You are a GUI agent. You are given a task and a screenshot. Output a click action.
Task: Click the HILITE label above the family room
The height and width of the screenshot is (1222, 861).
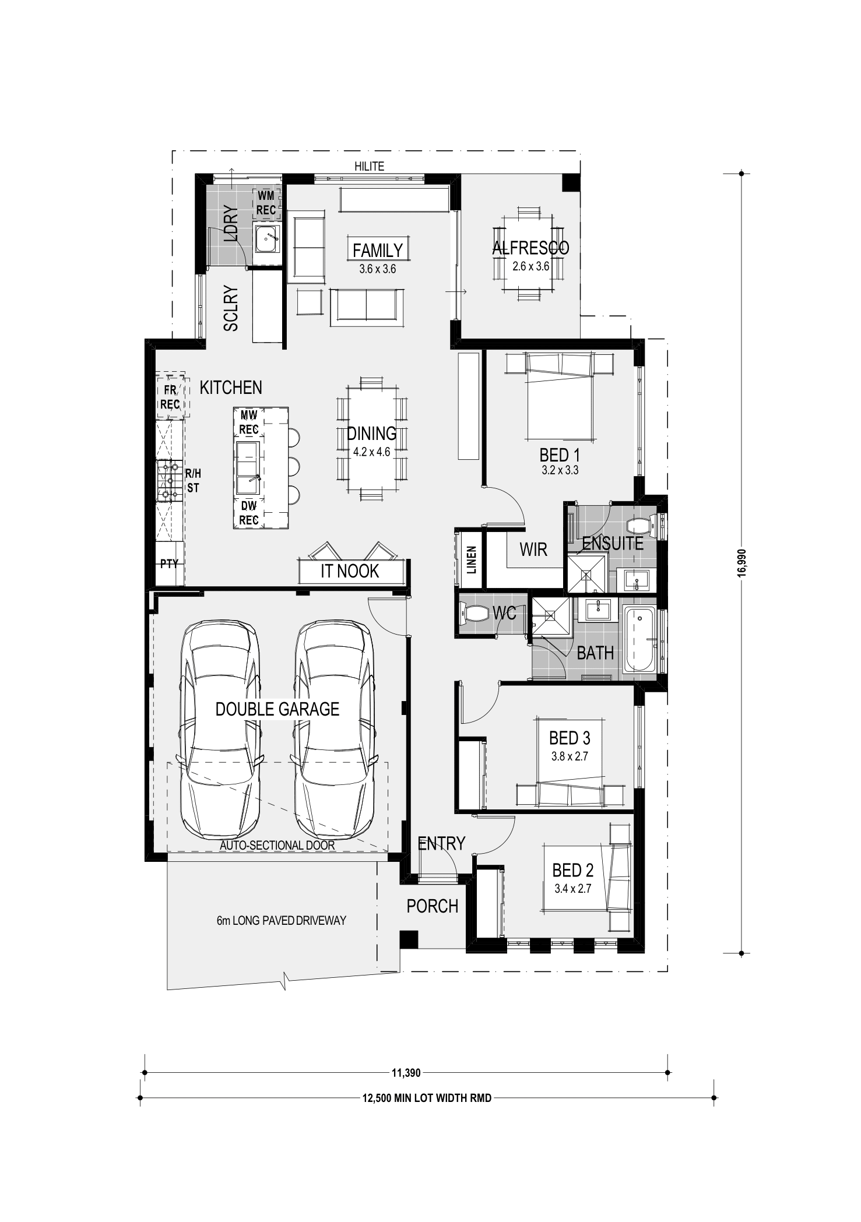pos(370,167)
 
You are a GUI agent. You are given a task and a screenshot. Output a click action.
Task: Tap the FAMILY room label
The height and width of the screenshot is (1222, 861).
pos(378,250)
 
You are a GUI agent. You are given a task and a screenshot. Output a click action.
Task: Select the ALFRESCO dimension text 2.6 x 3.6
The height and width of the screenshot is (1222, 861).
pos(530,267)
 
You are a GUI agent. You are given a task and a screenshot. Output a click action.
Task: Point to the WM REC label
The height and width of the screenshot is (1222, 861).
pos(266,203)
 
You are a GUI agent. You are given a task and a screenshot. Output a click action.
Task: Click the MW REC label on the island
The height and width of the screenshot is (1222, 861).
pos(249,422)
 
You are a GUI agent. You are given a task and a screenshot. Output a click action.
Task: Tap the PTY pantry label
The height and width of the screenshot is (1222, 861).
pos(170,564)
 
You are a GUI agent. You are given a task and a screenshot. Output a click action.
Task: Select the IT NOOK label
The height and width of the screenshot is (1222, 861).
pos(350,571)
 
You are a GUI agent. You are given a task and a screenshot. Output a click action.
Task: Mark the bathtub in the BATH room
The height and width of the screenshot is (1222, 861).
pos(640,641)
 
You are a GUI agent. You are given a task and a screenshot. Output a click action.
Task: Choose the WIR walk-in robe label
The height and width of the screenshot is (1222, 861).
pos(533,549)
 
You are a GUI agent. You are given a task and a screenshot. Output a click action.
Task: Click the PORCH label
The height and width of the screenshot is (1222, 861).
pos(433,906)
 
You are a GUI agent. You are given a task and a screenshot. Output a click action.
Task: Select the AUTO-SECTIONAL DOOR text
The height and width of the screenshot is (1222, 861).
pos(277,845)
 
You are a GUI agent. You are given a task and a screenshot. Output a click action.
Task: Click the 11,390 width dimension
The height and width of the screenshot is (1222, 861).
pos(406,1072)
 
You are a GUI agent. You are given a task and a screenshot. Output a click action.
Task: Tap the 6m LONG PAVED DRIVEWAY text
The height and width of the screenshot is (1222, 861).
pos(282,921)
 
